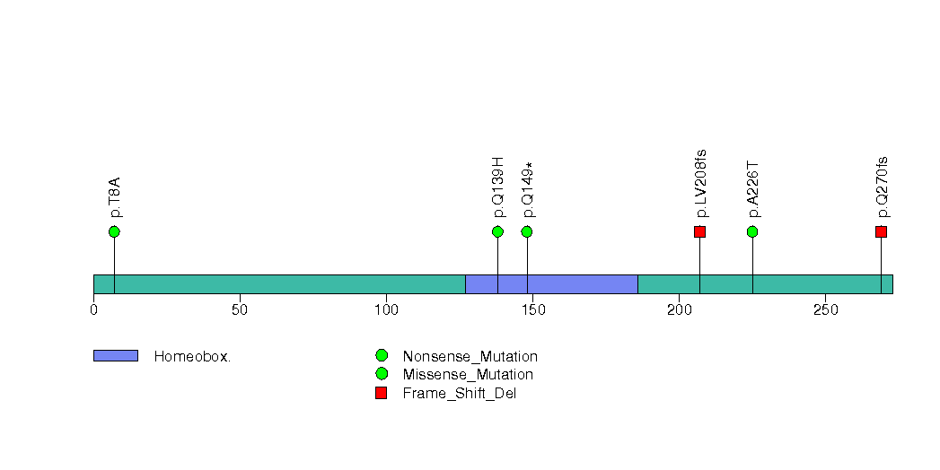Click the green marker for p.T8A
115,231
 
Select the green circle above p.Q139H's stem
497,231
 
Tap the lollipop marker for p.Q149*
527,231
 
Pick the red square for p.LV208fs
699,231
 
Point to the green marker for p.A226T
752,231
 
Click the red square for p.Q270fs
881,231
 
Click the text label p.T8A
115,197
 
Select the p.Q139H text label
497,187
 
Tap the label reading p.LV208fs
700,183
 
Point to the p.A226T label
752,188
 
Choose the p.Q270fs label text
882,187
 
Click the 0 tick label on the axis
93,309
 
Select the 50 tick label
240,309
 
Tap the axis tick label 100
386,309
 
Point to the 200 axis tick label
680,309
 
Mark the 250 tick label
825,309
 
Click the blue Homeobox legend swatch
116,356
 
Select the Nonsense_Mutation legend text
470,357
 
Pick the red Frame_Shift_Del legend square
381,393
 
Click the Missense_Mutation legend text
468,375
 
